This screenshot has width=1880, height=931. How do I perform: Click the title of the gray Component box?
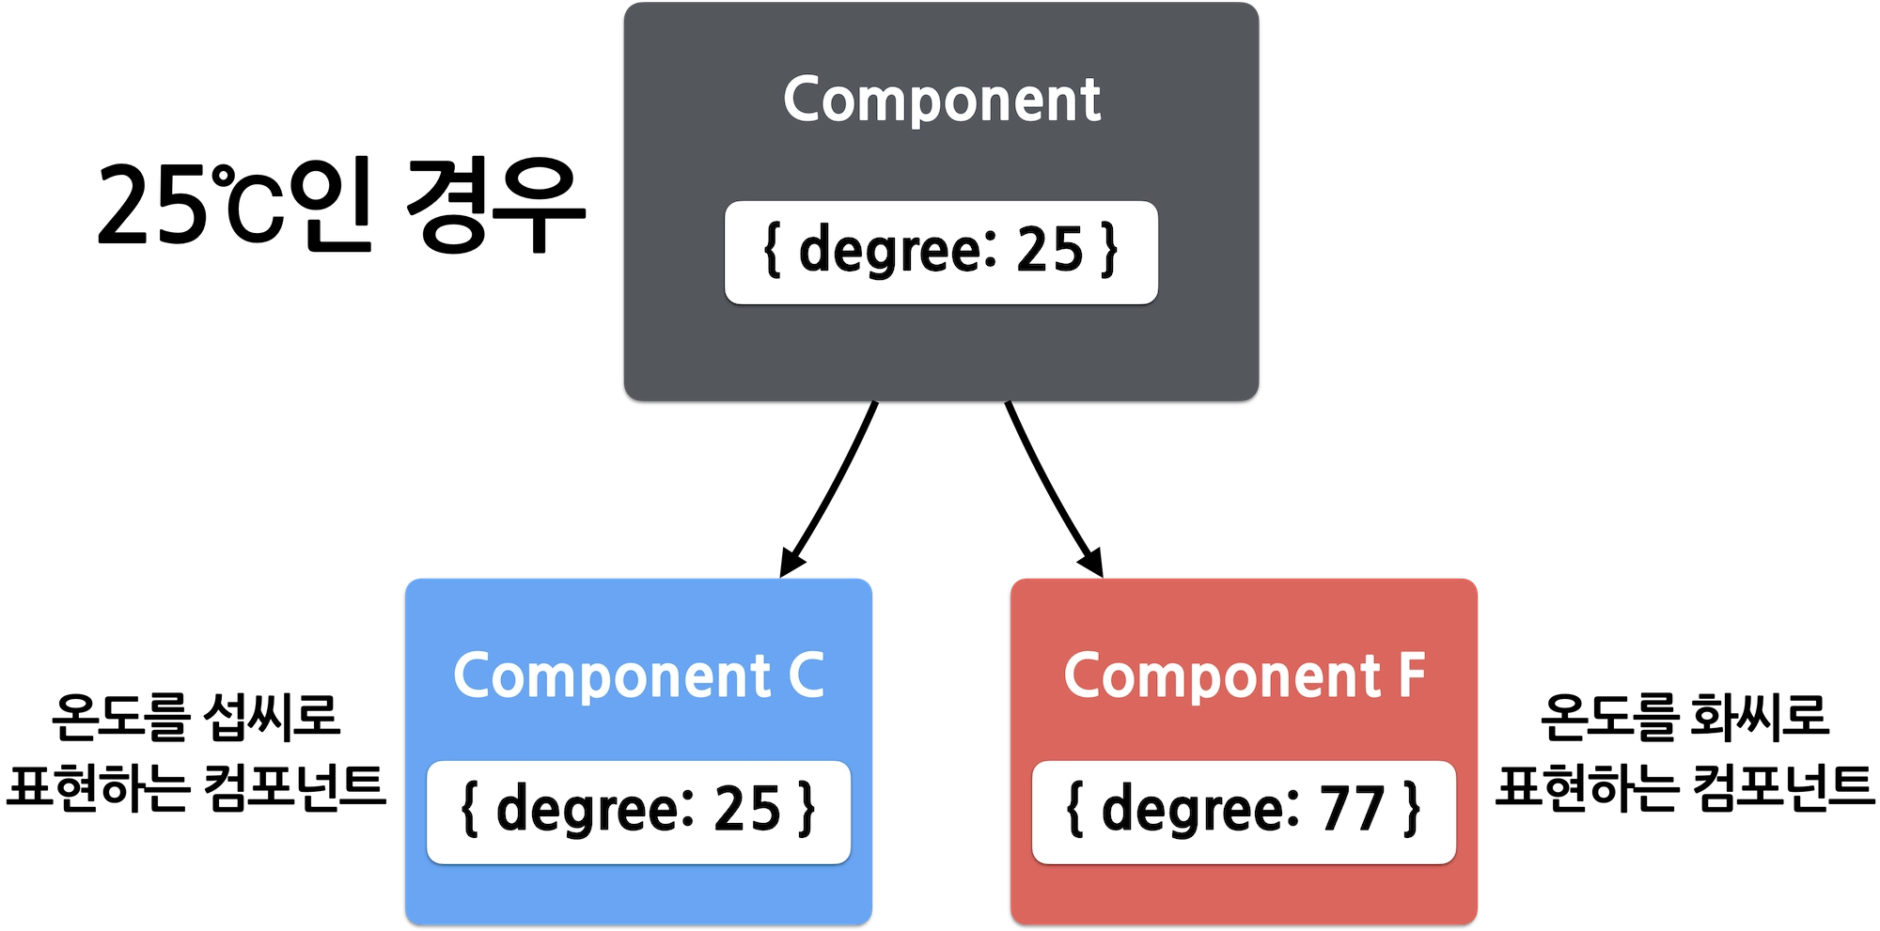point(941,100)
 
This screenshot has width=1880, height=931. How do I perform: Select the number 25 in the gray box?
point(1050,250)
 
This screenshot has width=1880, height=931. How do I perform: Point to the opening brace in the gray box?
point(772,251)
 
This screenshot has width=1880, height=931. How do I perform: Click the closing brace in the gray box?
point(1109,251)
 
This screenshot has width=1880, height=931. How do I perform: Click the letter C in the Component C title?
point(806,675)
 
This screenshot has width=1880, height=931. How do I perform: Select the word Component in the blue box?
point(612,676)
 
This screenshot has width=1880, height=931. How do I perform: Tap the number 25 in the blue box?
point(747,809)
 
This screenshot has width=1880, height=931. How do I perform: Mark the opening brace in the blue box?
point(469,810)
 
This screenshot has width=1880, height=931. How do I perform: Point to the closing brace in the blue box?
point(807,810)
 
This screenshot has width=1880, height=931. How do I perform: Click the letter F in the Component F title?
point(1411,675)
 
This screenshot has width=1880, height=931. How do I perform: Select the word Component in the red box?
point(1222,676)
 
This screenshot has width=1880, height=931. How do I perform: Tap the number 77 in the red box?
point(1353,809)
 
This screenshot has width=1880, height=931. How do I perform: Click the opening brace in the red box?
point(1074,810)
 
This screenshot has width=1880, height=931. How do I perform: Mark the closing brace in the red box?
point(1411,810)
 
